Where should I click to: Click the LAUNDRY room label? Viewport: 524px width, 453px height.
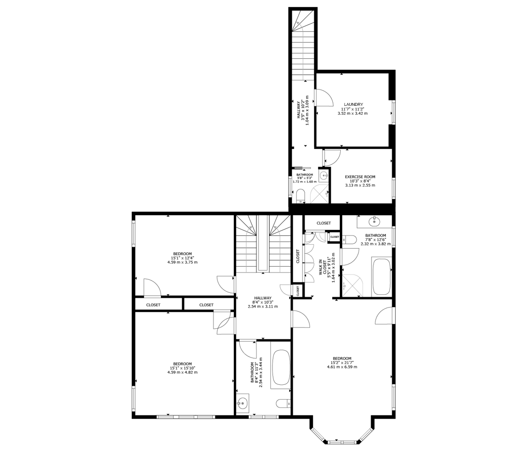point(353,104)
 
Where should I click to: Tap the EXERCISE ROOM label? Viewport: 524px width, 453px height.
point(360,177)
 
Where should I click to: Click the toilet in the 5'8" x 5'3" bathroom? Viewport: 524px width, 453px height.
point(301,196)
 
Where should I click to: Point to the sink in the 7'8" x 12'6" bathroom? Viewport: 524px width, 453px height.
point(374,221)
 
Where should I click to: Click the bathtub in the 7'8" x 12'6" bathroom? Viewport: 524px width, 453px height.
point(382,277)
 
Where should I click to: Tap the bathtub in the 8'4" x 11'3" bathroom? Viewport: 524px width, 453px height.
point(281,369)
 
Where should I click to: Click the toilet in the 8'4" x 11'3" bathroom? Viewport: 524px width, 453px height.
point(284,403)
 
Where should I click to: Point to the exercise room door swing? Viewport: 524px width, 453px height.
point(332,158)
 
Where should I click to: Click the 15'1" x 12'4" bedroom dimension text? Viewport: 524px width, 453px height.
point(182,258)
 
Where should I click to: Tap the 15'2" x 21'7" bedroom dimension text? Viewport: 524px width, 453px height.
point(342,362)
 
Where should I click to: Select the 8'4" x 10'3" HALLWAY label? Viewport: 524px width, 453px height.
point(262,298)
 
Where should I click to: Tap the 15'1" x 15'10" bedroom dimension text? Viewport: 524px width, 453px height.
point(182,368)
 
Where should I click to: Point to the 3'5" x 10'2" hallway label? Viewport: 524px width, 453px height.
point(299,110)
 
